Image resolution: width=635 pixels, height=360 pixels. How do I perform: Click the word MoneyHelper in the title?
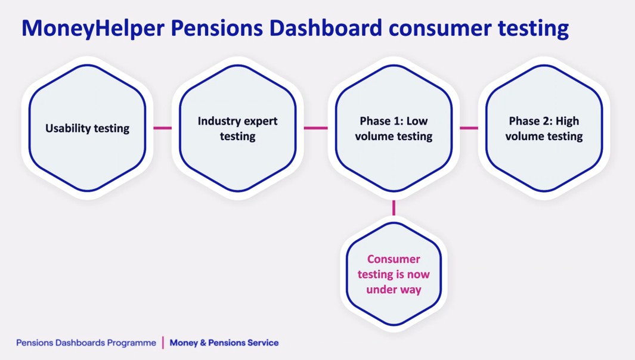93,29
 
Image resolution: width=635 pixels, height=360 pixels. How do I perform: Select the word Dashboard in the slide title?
326,28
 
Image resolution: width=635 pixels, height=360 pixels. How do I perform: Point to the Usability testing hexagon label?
88,128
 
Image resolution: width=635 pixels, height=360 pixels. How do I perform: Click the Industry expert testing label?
238,128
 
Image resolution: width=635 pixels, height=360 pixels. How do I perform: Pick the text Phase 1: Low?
394,121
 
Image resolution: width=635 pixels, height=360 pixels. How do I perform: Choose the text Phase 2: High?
544,121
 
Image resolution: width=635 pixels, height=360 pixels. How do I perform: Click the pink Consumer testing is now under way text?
394,274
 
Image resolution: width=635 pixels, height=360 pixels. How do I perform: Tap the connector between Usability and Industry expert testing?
162,128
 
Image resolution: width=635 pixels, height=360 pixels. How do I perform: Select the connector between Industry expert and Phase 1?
315,128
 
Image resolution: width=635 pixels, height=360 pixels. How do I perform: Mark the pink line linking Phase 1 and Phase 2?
469,128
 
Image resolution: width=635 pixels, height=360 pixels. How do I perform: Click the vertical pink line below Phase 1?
394,208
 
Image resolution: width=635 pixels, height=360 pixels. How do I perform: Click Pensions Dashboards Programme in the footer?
86,343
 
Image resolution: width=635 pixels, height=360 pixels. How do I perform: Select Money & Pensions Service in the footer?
224,343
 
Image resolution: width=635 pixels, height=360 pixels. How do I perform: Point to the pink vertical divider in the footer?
163,343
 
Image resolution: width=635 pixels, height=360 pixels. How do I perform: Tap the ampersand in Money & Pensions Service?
203,343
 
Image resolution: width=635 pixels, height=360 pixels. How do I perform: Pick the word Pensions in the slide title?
216,28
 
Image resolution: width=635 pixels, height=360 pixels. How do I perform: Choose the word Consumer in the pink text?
394,259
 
